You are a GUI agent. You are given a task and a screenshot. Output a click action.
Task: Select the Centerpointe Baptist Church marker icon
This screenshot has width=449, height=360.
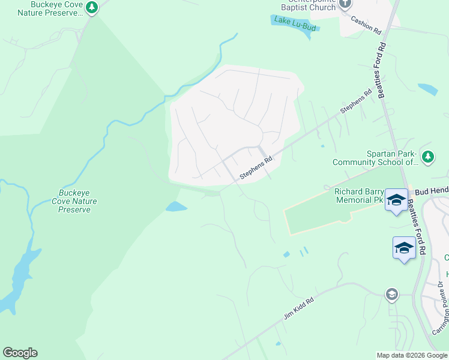tap(345, 4)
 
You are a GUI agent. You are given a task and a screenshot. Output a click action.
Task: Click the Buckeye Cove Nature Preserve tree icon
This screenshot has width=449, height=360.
tap(91, 8)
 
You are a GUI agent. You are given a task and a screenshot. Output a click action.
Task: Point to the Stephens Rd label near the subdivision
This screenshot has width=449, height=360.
tap(256, 168)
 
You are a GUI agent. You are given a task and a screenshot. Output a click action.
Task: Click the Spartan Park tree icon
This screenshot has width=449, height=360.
tap(427, 157)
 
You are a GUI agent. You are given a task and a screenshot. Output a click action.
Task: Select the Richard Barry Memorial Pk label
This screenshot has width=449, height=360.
tap(358, 196)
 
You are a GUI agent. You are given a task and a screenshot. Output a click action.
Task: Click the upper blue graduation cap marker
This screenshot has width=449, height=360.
tap(396, 199)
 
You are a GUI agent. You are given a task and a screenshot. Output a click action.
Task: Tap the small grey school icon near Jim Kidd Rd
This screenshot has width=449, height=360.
tap(391, 293)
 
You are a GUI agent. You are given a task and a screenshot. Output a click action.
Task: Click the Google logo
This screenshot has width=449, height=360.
tap(20, 353)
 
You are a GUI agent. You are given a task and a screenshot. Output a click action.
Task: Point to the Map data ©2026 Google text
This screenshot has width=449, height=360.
tap(411, 355)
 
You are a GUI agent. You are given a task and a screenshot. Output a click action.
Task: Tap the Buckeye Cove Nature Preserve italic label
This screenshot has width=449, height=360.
tap(74, 201)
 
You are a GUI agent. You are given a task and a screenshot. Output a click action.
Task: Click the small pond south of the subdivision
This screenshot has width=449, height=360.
tap(175, 207)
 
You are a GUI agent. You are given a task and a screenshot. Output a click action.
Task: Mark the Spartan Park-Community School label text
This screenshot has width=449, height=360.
tap(375, 158)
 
